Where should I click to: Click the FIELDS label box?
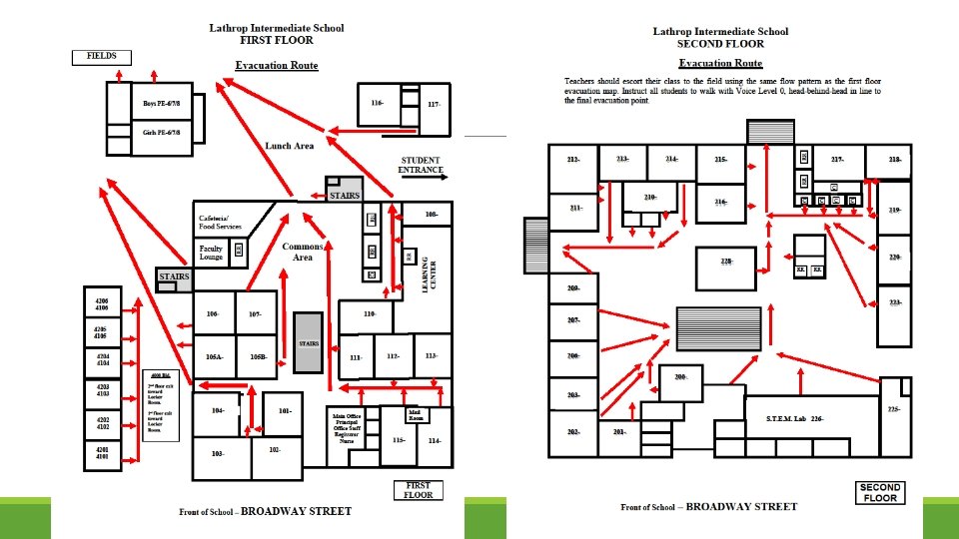click(102, 57)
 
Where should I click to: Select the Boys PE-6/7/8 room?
click(161, 103)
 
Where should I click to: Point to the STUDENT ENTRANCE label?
click(421, 165)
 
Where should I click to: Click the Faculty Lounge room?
click(211, 253)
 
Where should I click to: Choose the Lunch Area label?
click(290, 146)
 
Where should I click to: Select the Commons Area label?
click(301, 252)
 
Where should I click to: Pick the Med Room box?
click(413, 414)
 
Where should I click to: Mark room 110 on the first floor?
click(369, 315)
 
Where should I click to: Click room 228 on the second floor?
click(726, 262)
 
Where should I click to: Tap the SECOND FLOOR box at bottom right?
click(880, 493)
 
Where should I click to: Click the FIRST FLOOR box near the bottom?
click(418, 490)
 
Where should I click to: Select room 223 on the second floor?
click(894, 302)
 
